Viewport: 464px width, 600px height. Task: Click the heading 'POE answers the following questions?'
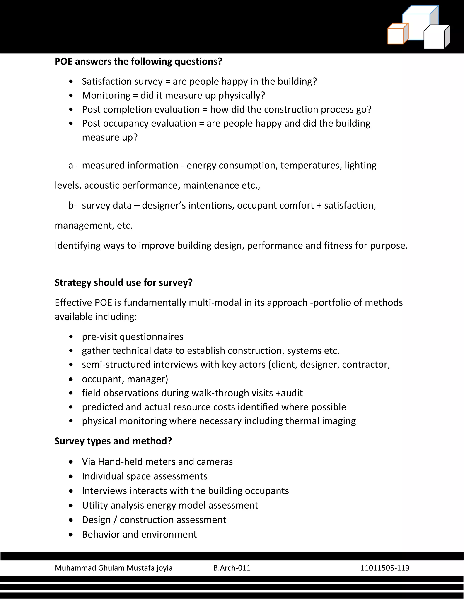tap(138, 61)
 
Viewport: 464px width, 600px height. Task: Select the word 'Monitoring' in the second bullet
tap(106, 95)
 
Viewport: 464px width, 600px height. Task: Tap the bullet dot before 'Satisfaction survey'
tap(71, 81)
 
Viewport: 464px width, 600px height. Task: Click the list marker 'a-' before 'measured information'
tap(72, 165)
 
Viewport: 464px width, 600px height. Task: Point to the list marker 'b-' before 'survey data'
tap(72, 206)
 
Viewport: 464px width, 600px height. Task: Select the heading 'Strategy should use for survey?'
tap(123, 282)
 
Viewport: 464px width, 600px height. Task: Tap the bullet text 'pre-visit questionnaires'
tap(133, 336)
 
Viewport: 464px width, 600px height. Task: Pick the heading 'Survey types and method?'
tap(113, 441)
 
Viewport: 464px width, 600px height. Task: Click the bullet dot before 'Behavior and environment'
tap(71, 535)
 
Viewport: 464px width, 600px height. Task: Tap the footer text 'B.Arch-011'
tap(232, 568)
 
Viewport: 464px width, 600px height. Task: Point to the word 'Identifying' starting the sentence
tap(77, 245)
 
